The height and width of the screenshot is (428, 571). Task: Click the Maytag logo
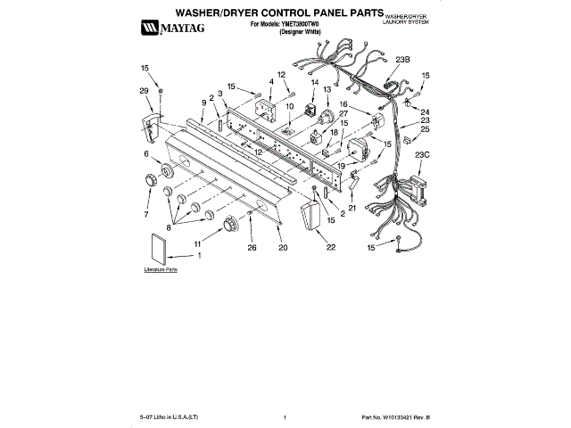(x=170, y=29)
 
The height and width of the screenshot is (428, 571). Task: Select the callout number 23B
(x=401, y=60)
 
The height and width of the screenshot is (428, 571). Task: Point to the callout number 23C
(x=422, y=155)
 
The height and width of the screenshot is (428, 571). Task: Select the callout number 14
(x=314, y=82)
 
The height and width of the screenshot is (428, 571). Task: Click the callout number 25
(x=426, y=130)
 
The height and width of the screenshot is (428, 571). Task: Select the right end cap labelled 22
(x=310, y=218)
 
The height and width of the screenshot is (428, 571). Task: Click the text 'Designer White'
(x=300, y=31)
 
